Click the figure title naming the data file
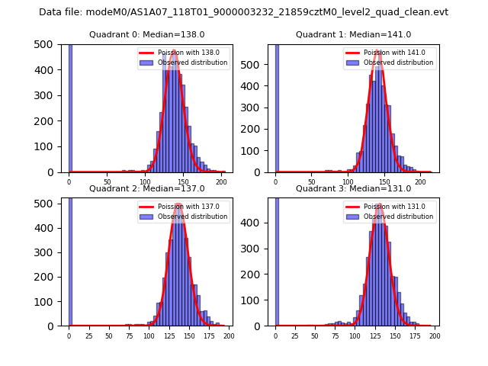243,12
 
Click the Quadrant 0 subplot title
146,35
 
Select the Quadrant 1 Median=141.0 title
353,35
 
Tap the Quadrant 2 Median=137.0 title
146,188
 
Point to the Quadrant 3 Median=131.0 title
353,188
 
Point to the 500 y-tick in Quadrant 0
43,44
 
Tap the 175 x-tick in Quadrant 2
209,335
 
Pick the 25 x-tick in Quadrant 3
295,335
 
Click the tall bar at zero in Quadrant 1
277,107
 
